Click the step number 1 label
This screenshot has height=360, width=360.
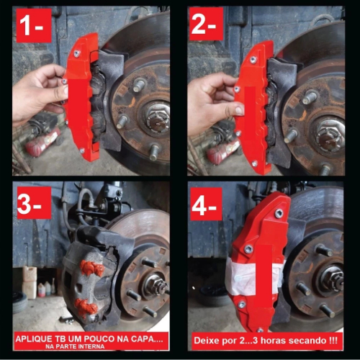(34, 26)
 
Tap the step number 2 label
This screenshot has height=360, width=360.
(207, 24)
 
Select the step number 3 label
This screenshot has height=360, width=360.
(34, 203)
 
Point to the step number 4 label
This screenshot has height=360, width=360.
(206, 204)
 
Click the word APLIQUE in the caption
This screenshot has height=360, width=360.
(35, 339)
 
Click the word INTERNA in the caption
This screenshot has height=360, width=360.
(91, 346)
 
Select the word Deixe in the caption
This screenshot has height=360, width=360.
(206, 341)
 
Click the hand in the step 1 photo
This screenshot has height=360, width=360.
(40, 93)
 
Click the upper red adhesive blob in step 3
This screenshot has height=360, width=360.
(92, 268)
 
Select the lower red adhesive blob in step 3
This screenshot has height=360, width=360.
(86, 307)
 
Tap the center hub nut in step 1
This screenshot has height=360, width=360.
(158, 117)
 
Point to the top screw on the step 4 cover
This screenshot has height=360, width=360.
(279, 213)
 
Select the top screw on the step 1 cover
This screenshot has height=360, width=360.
(77, 54)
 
